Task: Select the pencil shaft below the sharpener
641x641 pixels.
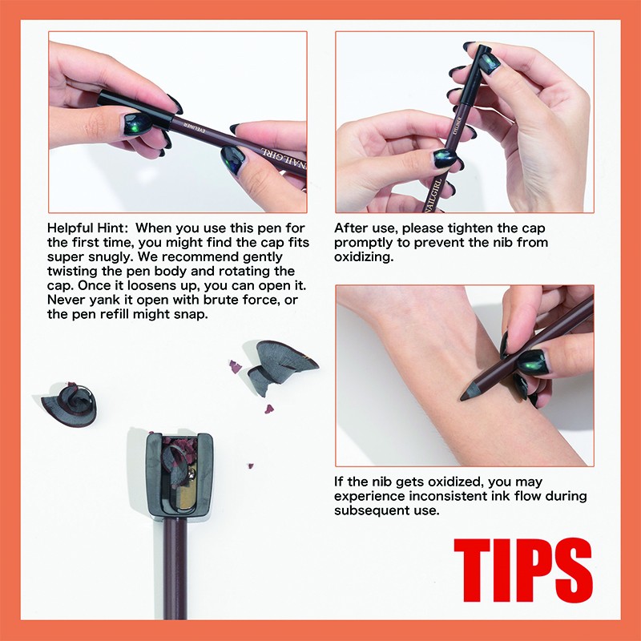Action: pos(175,569)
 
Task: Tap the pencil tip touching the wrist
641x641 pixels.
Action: pos(469,392)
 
